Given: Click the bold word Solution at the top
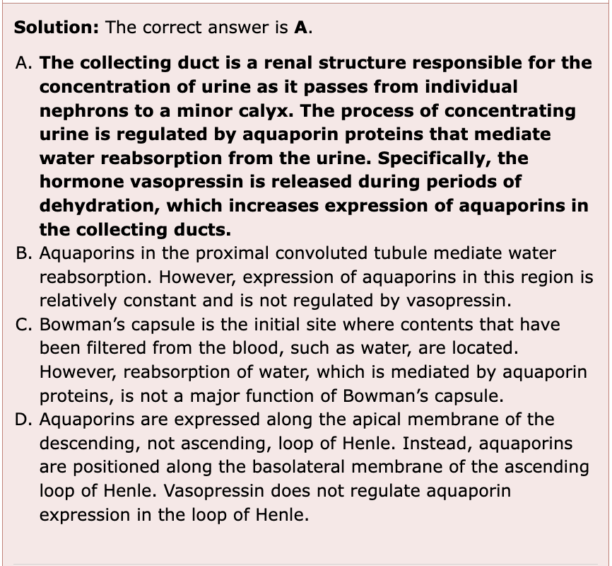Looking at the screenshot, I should click(x=57, y=28).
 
